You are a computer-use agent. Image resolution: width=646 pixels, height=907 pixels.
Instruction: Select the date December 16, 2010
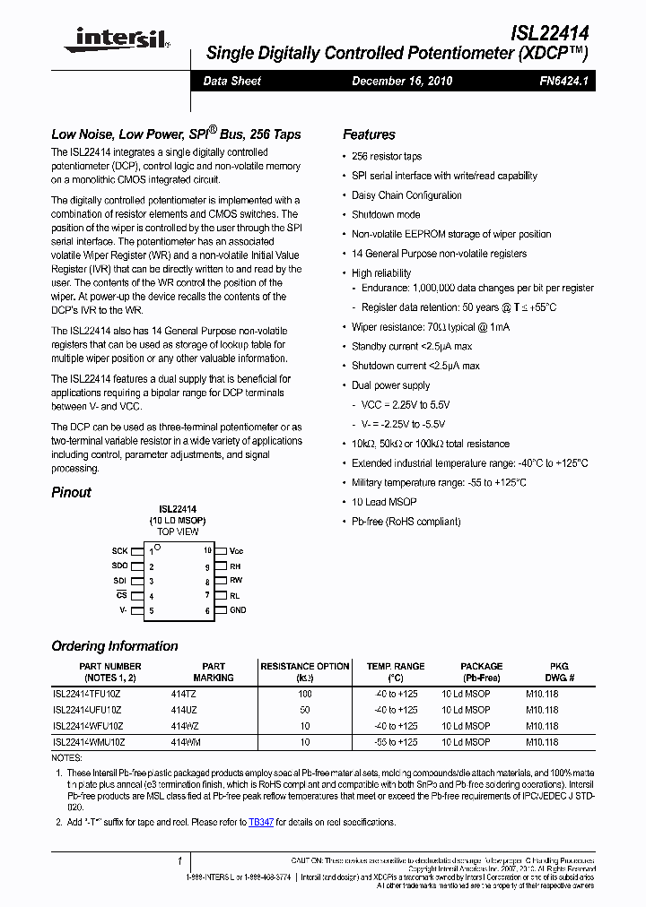tap(402, 81)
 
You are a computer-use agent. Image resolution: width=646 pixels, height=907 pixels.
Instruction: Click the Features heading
tap(369, 134)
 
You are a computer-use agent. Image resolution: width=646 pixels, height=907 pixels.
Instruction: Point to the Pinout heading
tap(71, 492)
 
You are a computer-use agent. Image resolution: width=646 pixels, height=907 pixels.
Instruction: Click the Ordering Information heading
tap(114, 646)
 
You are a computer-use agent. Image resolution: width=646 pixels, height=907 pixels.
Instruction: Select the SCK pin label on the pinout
tap(119, 551)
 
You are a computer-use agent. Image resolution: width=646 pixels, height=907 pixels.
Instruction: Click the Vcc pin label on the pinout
tap(236, 551)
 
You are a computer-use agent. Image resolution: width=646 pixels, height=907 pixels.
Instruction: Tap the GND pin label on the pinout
tap(237, 610)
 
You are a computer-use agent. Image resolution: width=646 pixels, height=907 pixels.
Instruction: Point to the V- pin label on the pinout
tap(124, 610)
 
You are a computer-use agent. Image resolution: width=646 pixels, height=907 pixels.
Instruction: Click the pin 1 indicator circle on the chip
tap(158, 547)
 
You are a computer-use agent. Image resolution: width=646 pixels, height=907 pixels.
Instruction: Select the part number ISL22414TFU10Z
tap(88, 694)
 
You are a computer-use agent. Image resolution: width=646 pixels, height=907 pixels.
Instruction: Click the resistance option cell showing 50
tap(305, 710)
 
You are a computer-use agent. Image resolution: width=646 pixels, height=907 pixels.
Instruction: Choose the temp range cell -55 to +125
tap(395, 742)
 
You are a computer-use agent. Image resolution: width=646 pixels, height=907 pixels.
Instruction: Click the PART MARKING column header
tap(214, 672)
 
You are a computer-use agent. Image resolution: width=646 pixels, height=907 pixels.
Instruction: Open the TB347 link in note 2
tap(261, 822)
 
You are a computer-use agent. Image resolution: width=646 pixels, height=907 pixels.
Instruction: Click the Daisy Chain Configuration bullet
tap(406, 195)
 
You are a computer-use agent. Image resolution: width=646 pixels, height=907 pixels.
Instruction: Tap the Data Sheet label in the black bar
tap(231, 81)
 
